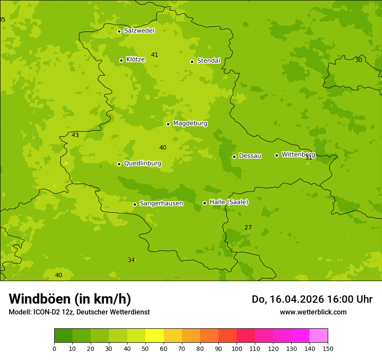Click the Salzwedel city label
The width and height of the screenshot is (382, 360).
click(139, 31)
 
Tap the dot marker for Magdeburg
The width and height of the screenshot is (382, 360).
click(168, 124)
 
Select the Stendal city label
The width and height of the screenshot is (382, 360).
click(208, 61)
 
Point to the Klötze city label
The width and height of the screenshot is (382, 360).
click(135, 59)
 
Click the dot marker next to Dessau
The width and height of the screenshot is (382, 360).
click(234, 157)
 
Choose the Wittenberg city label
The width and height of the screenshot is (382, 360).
click(298, 154)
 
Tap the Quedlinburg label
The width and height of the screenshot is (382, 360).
click(142, 164)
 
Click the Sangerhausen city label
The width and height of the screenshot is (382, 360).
click(161, 203)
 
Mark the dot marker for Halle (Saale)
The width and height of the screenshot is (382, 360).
click(204, 203)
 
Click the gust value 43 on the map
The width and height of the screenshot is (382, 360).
click(75, 135)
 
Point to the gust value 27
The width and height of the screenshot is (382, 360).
click(248, 228)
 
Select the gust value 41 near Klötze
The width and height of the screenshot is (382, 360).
click(155, 55)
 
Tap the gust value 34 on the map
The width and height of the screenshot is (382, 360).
click(131, 260)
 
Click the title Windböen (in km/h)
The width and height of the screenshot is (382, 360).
click(70, 299)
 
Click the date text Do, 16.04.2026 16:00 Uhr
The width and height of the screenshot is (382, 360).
click(312, 299)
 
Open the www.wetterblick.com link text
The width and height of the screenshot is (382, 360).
click(313, 312)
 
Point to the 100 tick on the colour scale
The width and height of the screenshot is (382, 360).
click(237, 349)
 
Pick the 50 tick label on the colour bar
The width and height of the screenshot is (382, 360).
click(145, 349)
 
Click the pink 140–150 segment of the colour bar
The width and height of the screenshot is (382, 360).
click(319, 336)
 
